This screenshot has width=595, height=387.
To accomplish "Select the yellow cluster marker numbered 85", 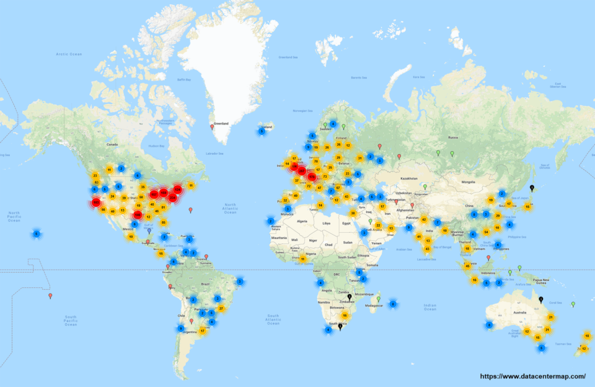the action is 164,222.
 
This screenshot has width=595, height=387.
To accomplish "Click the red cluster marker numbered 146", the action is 138,215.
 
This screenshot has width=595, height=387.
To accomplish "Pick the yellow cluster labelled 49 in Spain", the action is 296,196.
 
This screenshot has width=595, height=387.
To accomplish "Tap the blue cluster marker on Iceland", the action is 262,131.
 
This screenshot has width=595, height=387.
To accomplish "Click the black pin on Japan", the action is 531,188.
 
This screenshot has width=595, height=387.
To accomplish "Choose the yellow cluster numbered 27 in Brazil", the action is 221,308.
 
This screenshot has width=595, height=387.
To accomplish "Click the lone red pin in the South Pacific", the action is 50,296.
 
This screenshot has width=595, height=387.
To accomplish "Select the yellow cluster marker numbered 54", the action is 487,232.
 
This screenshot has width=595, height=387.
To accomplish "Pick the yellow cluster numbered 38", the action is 353,213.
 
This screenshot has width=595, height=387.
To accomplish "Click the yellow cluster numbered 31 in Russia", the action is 359,159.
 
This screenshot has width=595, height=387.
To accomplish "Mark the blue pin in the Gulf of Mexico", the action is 149,231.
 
